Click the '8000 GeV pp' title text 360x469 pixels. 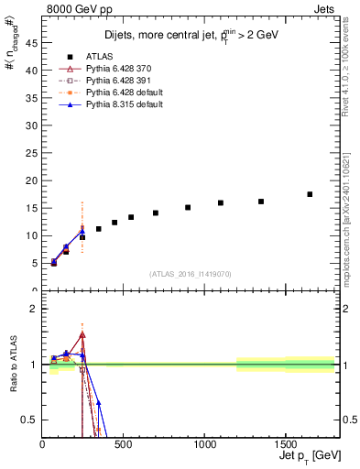74,8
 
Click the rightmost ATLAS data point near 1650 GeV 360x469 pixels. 310,194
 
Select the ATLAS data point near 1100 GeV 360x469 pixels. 221,202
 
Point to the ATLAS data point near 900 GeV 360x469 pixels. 188,207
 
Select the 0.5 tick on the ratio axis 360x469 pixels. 30,420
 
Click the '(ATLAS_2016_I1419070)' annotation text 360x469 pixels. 190,273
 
